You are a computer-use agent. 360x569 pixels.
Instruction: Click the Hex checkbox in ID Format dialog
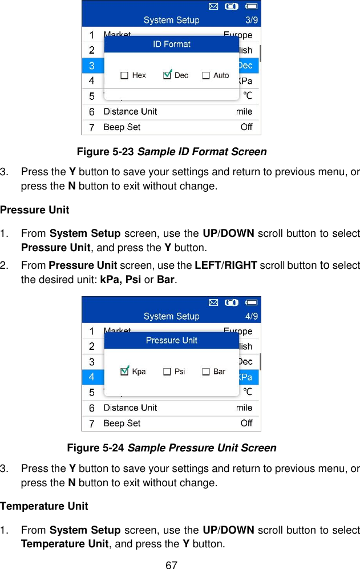[x=124, y=75]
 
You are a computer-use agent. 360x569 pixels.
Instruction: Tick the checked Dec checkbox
[x=167, y=75]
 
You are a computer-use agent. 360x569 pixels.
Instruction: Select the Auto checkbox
[x=206, y=75]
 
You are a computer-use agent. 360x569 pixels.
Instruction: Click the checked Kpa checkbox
[x=125, y=372]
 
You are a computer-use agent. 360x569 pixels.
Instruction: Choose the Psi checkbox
[x=167, y=372]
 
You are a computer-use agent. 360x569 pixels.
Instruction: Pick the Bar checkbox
[x=206, y=372]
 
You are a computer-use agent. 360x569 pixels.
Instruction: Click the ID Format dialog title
[x=172, y=44]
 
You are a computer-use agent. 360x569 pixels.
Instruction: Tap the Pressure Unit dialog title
[x=172, y=340]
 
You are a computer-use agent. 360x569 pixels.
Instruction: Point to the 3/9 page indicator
[x=250, y=21]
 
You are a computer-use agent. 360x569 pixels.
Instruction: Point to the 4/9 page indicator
[x=250, y=317]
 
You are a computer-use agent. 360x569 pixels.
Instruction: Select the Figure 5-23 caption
[x=172, y=152]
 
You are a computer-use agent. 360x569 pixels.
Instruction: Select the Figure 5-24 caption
[x=172, y=448]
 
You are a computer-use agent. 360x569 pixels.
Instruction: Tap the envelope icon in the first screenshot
[x=212, y=7]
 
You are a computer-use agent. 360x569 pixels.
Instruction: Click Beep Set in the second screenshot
[x=122, y=423]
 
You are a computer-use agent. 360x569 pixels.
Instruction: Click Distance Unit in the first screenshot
[x=130, y=112]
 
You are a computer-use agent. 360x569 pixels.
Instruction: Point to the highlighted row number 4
[x=92, y=377]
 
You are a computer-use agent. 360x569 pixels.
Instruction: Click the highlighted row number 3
[x=92, y=66]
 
